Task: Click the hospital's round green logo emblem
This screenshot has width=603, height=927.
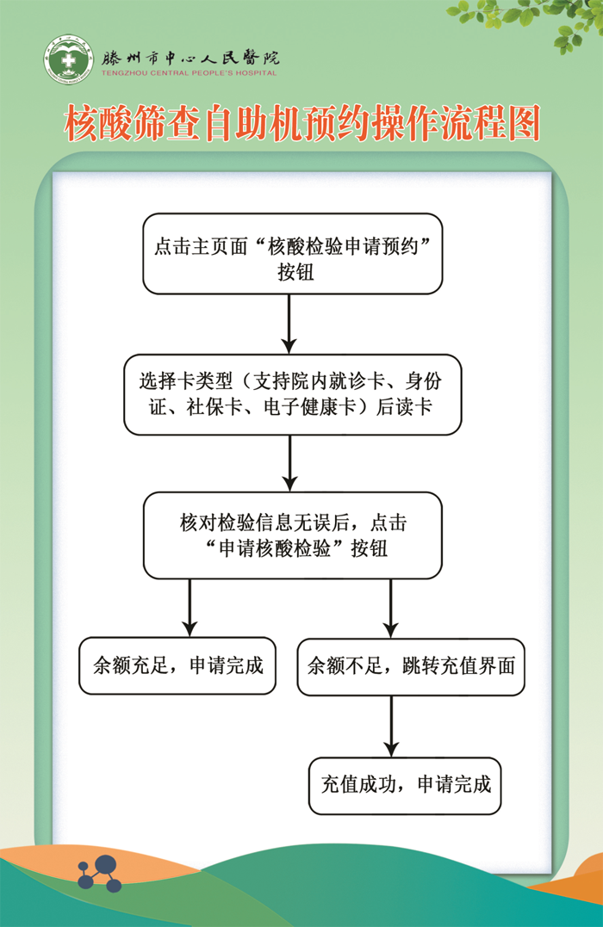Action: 70,61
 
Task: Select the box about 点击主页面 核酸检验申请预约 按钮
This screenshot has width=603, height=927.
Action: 292,254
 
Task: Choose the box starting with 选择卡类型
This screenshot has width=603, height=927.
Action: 292,394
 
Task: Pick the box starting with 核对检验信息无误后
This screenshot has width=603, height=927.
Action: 292,535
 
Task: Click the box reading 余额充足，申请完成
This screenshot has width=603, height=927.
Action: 177,665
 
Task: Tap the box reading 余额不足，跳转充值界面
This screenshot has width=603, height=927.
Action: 410,665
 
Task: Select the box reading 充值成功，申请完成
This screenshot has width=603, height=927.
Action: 405,785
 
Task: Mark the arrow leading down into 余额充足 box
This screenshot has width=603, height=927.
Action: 190,608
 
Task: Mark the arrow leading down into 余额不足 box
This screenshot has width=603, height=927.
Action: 391,608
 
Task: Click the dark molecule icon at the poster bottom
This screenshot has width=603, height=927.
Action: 98,871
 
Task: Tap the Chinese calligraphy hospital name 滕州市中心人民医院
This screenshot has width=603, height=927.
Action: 190,58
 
